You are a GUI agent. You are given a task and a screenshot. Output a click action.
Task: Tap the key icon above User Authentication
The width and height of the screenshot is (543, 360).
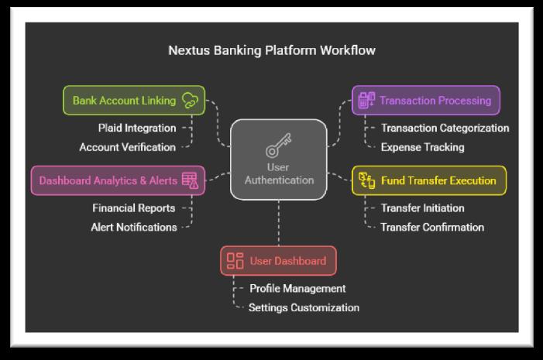coord(279,147)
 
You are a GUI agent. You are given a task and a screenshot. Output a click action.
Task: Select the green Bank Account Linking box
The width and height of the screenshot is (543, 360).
coord(133,100)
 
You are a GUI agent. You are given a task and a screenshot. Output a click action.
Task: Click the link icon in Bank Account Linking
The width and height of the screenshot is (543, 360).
coord(189,100)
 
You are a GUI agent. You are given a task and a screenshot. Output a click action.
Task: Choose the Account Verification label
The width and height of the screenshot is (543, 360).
coord(127,146)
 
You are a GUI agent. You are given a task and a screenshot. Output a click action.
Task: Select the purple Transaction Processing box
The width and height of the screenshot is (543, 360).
coord(425,100)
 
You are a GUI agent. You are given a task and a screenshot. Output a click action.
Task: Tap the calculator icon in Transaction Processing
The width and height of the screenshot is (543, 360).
coord(366,100)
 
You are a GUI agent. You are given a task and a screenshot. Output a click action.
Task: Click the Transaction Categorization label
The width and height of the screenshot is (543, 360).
coord(445,128)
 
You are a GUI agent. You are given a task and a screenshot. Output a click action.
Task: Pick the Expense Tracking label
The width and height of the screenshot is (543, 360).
coord(422,146)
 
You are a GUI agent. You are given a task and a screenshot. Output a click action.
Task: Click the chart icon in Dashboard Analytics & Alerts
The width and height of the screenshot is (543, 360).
coord(190,180)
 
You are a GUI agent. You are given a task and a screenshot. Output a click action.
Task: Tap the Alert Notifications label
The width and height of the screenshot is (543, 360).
coord(133,227)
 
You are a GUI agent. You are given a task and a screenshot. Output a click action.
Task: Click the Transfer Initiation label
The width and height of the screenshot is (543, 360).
coord(422,208)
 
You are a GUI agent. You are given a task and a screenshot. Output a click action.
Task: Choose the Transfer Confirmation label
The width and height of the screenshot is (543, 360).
coord(432,227)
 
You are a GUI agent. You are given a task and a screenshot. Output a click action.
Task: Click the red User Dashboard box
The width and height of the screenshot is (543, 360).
coord(278,261)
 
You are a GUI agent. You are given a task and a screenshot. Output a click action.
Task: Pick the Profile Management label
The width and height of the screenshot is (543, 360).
coord(297,288)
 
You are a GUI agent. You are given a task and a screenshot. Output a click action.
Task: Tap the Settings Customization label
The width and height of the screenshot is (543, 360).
coord(304,307)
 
